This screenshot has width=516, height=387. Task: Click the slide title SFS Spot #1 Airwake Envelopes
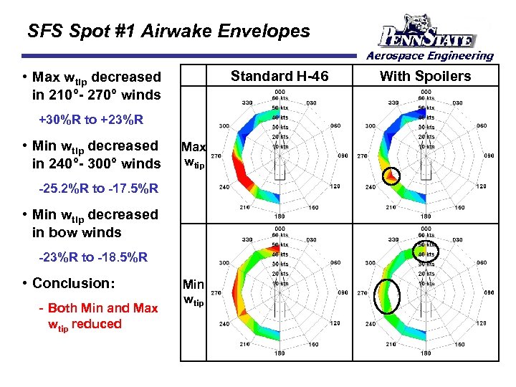[168, 32]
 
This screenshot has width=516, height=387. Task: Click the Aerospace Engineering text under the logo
[430, 55]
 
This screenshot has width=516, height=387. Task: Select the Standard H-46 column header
[279, 76]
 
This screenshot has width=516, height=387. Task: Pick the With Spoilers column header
[426, 76]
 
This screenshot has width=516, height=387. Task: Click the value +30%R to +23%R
[90, 119]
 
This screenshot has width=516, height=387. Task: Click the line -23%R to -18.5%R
[93, 257]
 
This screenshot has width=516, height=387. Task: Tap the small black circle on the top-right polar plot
[391, 175]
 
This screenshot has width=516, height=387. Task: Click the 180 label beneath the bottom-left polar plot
[279, 353]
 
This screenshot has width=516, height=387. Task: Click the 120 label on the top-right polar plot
[480, 186]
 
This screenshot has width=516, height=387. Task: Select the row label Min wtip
[193, 292]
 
